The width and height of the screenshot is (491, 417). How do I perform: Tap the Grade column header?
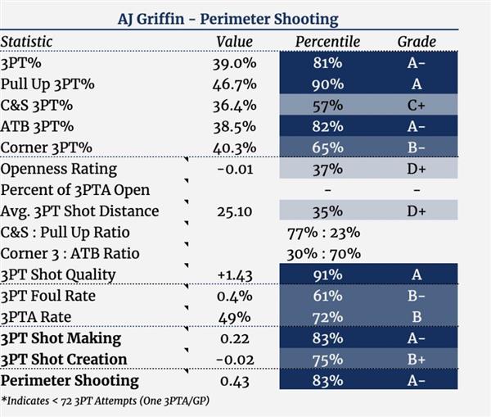[x=417, y=41]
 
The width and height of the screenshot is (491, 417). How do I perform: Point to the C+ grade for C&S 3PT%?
[x=417, y=105]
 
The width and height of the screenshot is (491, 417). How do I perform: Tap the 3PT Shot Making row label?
[x=61, y=338]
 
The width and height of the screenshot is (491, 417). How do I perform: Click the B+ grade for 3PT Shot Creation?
[x=417, y=360]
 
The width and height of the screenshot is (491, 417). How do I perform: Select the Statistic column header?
[x=26, y=41]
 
